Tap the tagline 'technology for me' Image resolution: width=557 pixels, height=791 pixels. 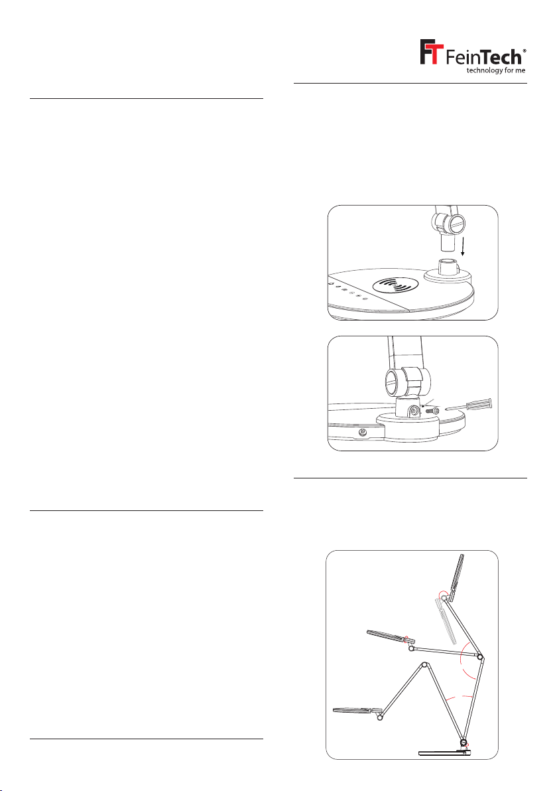click(x=495, y=70)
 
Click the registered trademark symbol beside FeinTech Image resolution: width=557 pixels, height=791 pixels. click(x=525, y=51)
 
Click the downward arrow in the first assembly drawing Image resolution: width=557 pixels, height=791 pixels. click(x=463, y=246)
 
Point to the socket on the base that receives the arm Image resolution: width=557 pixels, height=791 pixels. click(x=449, y=271)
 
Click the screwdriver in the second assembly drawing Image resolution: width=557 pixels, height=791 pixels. click(x=469, y=407)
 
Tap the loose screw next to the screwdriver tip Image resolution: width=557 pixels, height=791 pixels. click(x=432, y=411)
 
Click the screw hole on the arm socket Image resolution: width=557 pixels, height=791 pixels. click(x=414, y=411)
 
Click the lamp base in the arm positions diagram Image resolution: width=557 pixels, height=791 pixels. click(x=445, y=753)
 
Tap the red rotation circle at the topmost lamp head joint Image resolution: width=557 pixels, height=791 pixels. click(x=443, y=595)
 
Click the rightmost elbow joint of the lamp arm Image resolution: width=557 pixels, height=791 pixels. click(x=480, y=658)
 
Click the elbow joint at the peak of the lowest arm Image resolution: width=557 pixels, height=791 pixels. click(x=424, y=666)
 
